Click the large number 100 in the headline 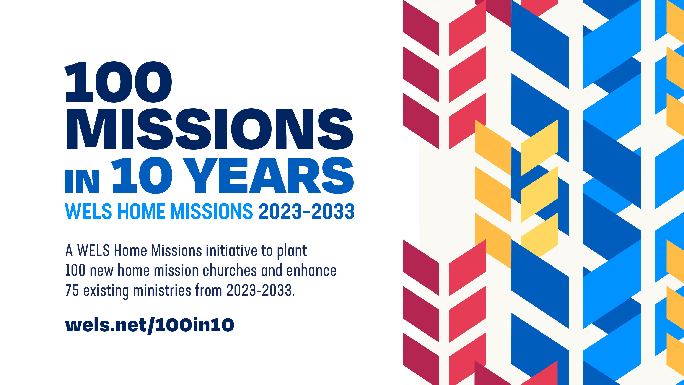point(118,82)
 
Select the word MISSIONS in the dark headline point(210,129)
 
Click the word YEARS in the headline point(268,175)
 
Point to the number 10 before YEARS point(142,175)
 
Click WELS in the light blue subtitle point(88,211)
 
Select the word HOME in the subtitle point(141,211)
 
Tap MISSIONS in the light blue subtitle point(212,211)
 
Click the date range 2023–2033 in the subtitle point(306,211)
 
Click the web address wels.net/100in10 point(150,325)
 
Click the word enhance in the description point(311,270)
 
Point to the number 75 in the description point(72,290)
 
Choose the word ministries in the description point(162,290)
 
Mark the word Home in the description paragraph point(130,251)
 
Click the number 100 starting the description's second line point(75,271)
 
